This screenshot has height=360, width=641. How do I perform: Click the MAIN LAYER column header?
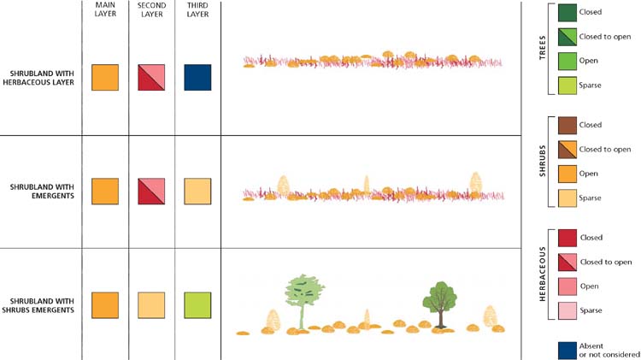pyautogui.click(x=105, y=9)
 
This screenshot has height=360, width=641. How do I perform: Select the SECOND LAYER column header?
pyautogui.click(x=151, y=9)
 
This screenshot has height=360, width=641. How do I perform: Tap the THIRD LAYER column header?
pyautogui.click(x=197, y=9)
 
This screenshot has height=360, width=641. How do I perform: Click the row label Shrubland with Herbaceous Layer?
pyautogui.click(x=41, y=77)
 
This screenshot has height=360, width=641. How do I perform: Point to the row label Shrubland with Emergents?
pyautogui.click(x=41, y=191)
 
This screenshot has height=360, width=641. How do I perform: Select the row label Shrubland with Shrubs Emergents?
pyautogui.click(x=41, y=304)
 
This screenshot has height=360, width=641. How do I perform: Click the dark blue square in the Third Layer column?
pyautogui.click(x=197, y=77)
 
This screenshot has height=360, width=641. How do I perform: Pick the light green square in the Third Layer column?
pyautogui.click(x=197, y=304)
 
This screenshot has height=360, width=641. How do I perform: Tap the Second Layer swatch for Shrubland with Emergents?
pyautogui.click(x=151, y=191)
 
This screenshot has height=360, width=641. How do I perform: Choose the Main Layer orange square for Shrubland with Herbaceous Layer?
pyautogui.click(x=105, y=77)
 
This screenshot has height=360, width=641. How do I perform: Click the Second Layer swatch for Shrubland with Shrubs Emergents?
pyautogui.click(x=151, y=304)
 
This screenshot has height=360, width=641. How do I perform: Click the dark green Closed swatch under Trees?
pyautogui.click(x=566, y=13)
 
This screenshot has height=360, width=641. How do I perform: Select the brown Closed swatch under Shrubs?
pyautogui.click(x=566, y=125)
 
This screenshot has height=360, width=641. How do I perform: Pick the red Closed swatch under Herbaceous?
pyautogui.click(x=566, y=237)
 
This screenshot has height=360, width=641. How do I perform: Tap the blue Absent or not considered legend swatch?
pyautogui.click(x=566, y=349)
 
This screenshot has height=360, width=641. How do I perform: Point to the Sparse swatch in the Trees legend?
pyautogui.click(x=566, y=86)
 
